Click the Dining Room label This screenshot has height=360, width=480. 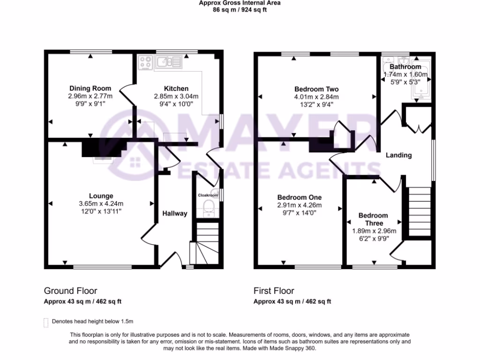[x=90, y=88]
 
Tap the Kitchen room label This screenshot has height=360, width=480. [x=176, y=89]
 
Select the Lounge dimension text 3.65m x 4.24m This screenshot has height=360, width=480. [x=101, y=203]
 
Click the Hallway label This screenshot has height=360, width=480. [x=175, y=213]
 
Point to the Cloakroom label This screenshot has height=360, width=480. [x=208, y=195]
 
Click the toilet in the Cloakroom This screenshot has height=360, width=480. [x=208, y=209]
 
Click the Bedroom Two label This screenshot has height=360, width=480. [x=316, y=89]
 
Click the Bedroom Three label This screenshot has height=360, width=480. [x=374, y=219]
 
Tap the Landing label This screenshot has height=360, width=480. [x=398, y=155]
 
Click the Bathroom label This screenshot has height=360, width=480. [x=405, y=67]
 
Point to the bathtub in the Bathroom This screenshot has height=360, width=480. [x=419, y=80]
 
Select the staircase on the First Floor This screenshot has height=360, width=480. [x=419, y=211]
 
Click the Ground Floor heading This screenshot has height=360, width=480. [x=70, y=291]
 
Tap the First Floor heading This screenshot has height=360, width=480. [x=274, y=291]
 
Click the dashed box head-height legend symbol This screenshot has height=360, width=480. [x=46, y=322]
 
